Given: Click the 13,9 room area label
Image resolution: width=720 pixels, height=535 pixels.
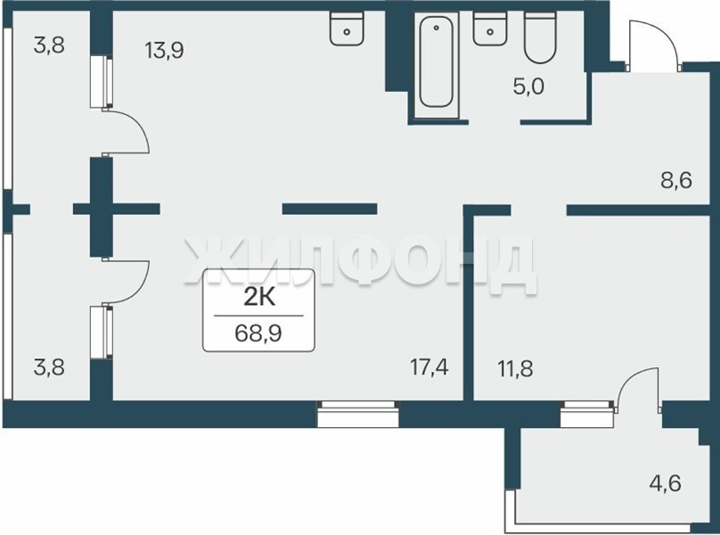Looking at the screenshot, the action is tap(164, 50).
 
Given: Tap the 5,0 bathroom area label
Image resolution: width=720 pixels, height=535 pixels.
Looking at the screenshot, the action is tap(528, 86).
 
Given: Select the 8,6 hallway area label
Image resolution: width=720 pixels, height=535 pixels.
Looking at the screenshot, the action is tap(676, 180).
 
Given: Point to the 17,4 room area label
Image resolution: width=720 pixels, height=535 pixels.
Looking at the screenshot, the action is tap(430, 367).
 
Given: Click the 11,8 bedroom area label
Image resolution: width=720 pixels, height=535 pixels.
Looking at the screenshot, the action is tap(515, 368).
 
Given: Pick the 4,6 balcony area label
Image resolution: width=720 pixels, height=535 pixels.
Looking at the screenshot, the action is tap(666, 483).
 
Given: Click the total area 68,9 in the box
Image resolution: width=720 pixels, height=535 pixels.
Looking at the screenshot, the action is tap(258, 333).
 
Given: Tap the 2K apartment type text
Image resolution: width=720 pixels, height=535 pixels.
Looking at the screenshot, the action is tap(259, 298).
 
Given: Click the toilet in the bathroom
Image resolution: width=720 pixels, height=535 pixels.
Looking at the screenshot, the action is tap(540, 37).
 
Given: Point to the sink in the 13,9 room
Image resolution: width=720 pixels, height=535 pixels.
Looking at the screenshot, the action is tap(347, 28).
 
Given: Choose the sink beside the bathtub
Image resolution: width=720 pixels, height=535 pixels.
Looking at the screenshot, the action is tap(490, 28).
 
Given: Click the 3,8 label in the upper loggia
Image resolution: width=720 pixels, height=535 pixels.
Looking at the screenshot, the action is tap(49, 45).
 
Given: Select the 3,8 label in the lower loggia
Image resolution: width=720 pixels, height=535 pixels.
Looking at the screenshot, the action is tap(49, 367).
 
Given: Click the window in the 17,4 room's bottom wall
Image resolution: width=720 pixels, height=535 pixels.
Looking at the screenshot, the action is tap(358, 414).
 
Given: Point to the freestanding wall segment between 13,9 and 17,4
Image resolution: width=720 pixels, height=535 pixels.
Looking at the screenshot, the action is tap(330, 210).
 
